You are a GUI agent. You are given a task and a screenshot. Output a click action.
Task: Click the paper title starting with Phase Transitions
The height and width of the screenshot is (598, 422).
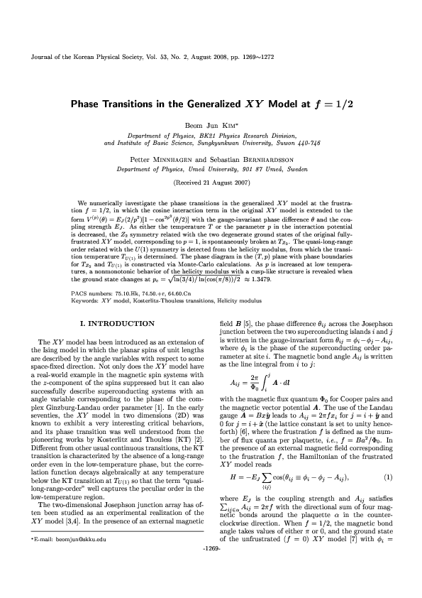[211, 104]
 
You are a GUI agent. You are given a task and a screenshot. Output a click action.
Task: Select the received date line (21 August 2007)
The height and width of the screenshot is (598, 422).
[211, 181]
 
